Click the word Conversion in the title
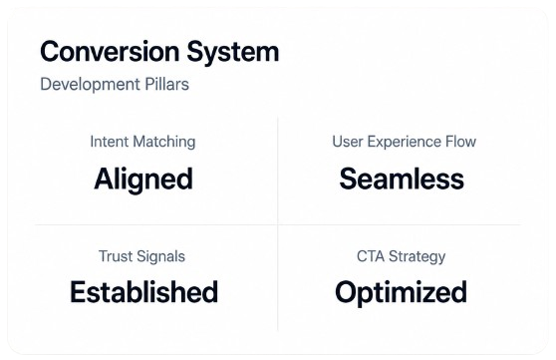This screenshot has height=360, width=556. point(110,52)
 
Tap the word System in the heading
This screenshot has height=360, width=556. point(233,53)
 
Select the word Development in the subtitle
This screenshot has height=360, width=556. point(90,85)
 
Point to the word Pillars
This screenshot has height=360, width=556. point(166,84)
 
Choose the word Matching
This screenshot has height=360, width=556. point(164,143)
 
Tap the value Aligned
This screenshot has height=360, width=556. point(143,180)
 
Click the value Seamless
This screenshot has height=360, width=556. point(402,179)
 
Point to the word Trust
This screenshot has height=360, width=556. point(115,256)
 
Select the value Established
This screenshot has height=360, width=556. point(143,292)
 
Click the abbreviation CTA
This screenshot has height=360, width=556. point(371,256)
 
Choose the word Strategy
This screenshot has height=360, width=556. point(417,257)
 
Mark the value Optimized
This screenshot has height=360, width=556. point(401,293)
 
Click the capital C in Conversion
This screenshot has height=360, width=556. point(50,52)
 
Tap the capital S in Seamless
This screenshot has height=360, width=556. point(348,179)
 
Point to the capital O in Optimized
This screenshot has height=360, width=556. point(347,292)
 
